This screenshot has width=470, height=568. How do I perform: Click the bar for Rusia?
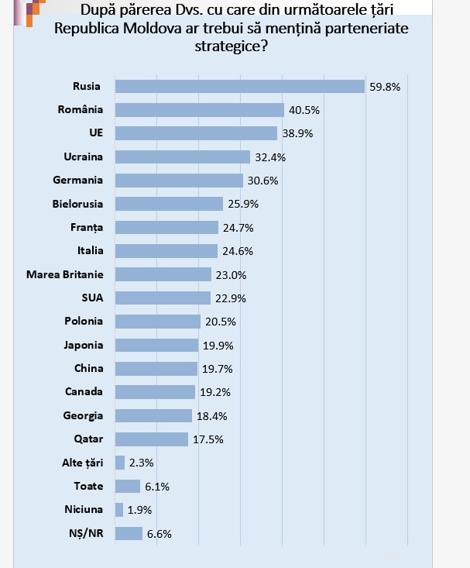[239, 86]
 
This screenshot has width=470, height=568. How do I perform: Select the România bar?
[199, 110]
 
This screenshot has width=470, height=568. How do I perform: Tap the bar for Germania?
[179, 181]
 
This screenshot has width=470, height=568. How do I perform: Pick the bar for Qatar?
[151, 439]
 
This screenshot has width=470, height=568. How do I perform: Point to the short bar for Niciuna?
[119, 510]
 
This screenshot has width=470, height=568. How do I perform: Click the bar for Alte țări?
[120, 463]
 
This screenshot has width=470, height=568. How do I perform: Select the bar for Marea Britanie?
[163, 274]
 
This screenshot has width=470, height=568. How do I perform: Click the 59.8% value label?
[385, 87]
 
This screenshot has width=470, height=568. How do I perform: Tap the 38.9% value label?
[297, 133]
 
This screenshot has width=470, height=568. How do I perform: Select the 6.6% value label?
[159, 533]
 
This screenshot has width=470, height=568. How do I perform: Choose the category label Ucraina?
[83, 157]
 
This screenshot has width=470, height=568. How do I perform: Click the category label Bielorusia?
[77, 204]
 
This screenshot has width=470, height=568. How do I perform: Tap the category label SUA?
[91, 298]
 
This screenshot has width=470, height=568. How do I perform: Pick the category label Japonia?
[84, 345]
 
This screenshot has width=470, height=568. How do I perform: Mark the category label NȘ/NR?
[86, 533]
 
